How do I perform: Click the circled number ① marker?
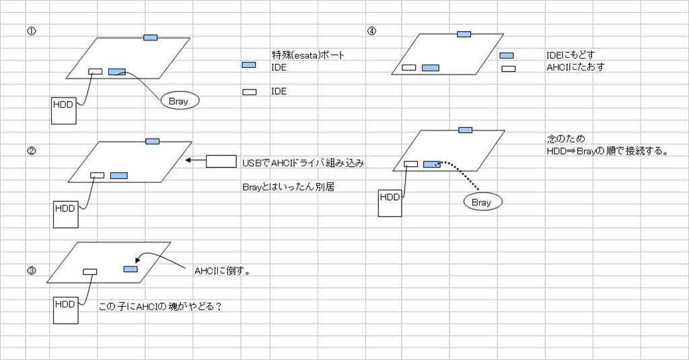tap(31, 32)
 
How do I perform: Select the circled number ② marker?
tap(31, 151)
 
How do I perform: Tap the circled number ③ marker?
tap(31, 271)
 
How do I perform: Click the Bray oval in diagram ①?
tap(179, 102)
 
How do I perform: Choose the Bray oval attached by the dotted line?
tap(481, 202)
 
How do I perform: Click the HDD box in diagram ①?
tap(65, 110)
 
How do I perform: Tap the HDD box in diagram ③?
tap(66, 310)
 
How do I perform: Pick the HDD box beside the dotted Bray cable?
tap(390, 203)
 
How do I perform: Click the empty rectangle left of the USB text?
tap(221, 161)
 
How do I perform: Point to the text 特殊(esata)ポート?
tap(307, 55)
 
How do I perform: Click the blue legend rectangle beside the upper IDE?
tap(249, 65)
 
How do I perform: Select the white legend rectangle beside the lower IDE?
tap(249, 92)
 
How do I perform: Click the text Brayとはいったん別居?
tap(288, 187)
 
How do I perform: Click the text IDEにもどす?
tap(571, 55)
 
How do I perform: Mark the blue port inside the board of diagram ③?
tap(131, 269)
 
